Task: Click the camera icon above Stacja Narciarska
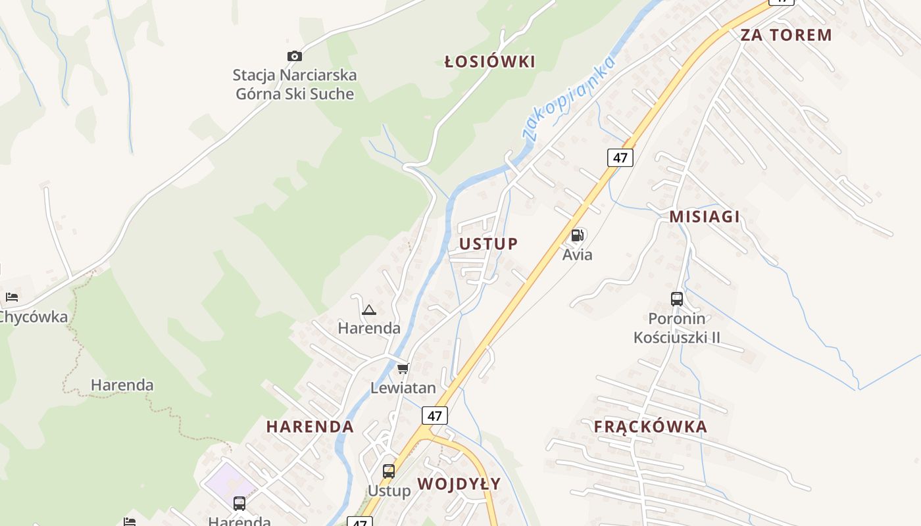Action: click(x=295, y=57)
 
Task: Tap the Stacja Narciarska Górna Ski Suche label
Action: click(x=295, y=84)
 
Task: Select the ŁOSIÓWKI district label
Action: click(x=489, y=62)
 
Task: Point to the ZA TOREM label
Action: click(x=786, y=35)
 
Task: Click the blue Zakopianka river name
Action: click(x=569, y=97)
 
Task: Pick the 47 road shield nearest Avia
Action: click(x=620, y=158)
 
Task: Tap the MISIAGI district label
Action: click(x=705, y=216)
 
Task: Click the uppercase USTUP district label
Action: click(x=489, y=244)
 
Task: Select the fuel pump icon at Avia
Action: click(x=578, y=235)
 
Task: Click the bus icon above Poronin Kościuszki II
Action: click(x=677, y=299)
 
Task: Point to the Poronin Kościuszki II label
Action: click(x=677, y=328)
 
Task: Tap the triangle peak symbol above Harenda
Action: click(x=368, y=310)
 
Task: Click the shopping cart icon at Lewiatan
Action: click(x=403, y=368)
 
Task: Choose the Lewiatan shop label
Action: click(x=403, y=388)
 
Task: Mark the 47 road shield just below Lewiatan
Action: click(x=434, y=416)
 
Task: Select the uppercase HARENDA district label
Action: click(x=310, y=427)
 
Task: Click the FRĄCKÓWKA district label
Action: click(x=651, y=427)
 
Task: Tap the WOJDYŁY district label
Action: click(x=459, y=484)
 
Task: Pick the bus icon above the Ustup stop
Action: click(x=389, y=471)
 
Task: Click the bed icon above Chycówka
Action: click(x=12, y=297)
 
